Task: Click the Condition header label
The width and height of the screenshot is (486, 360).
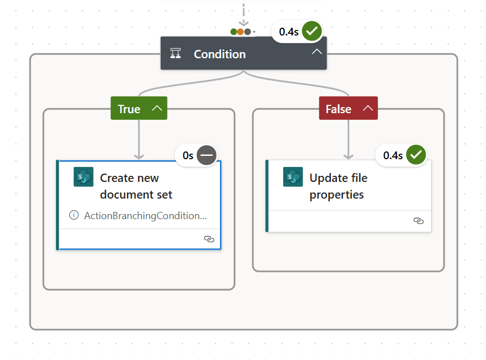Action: (x=219, y=54)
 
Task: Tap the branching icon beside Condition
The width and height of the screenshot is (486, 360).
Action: (x=176, y=54)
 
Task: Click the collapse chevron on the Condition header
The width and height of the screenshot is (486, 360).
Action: (x=316, y=52)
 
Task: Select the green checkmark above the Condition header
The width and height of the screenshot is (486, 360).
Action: (x=312, y=31)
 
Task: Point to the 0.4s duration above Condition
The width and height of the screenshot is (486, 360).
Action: (x=289, y=32)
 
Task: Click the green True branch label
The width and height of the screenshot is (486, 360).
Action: (x=129, y=109)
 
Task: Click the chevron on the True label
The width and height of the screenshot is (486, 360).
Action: (x=157, y=108)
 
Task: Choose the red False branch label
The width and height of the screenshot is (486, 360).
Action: (x=338, y=109)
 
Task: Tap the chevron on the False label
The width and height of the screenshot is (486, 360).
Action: (x=367, y=108)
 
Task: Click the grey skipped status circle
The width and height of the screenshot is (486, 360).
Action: (x=207, y=155)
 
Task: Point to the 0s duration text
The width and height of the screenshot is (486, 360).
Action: (x=188, y=155)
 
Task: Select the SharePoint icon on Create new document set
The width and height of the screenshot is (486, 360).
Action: (x=84, y=177)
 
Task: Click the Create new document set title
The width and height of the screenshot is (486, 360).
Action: (x=136, y=186)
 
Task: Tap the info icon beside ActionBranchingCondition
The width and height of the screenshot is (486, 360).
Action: (x=74, y=215)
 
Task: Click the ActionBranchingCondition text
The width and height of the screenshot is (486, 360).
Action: (x=145, y=215)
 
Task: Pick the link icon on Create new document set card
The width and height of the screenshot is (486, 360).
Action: (x=209, y=239)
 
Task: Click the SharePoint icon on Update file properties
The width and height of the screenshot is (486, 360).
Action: (x=293, y=177)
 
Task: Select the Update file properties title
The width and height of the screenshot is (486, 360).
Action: (x=338, y=186)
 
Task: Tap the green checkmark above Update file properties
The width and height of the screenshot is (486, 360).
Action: (x=416, y=155)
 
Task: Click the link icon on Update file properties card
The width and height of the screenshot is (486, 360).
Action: (x=418, y=221)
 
